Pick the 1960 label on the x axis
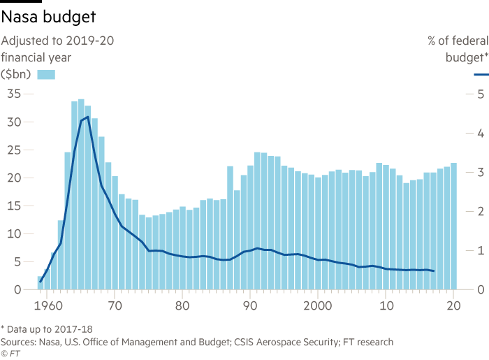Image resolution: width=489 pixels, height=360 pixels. coord(47,305)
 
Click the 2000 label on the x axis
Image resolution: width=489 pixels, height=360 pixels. coord(318,305)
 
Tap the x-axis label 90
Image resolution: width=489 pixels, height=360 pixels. coord(250,305)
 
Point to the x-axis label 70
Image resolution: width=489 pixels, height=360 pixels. coord(115,305)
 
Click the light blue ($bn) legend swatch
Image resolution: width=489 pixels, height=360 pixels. coord(45,75)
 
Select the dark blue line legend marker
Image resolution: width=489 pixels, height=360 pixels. coord(481,74)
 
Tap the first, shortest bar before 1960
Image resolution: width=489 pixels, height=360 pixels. coord(40,282)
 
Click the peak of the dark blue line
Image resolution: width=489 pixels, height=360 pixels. coord(86,117)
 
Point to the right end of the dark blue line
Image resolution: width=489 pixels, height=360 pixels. coord(435,271)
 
